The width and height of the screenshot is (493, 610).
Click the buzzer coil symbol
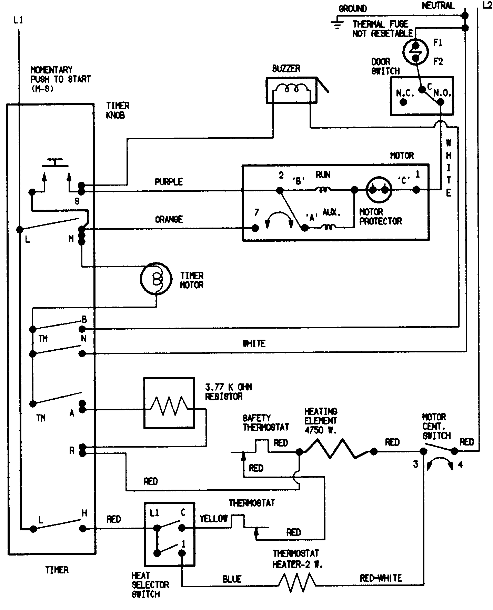click(291, 89)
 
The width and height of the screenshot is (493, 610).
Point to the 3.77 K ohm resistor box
click(169, 403)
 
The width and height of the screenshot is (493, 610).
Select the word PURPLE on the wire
click(169, 182)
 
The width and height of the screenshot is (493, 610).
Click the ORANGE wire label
click(169, 219)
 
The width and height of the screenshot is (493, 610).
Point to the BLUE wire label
click(232, 579)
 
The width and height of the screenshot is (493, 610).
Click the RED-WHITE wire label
click(381, 578)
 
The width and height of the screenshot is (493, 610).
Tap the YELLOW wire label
click(214, 518)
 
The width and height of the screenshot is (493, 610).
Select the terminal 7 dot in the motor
click(255, 228)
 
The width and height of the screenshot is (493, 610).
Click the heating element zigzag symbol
click(336, 449)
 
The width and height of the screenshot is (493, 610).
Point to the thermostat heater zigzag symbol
click(297, 582)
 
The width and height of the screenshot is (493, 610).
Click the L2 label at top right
click(487, 6)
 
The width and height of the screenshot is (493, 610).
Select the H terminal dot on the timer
click(82, 528)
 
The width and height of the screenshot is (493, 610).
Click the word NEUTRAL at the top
click(438, 6)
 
